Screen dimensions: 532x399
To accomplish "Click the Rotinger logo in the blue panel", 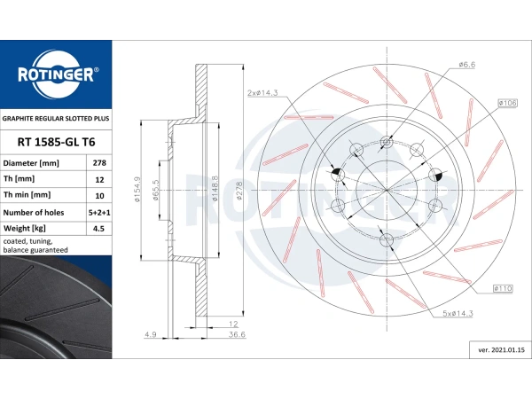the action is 56,74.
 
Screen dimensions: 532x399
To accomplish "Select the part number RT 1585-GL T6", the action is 57,142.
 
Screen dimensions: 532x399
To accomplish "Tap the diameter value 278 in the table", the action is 99,163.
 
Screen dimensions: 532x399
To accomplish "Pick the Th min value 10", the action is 99,196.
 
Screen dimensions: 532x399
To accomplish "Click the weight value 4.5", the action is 98,229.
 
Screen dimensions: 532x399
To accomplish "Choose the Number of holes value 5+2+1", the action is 99,213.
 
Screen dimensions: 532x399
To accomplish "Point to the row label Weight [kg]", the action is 25,229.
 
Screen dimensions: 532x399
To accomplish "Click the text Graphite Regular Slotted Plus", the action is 56,119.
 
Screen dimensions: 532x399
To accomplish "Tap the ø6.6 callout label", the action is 467,65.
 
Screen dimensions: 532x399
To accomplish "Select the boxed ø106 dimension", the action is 507,103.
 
